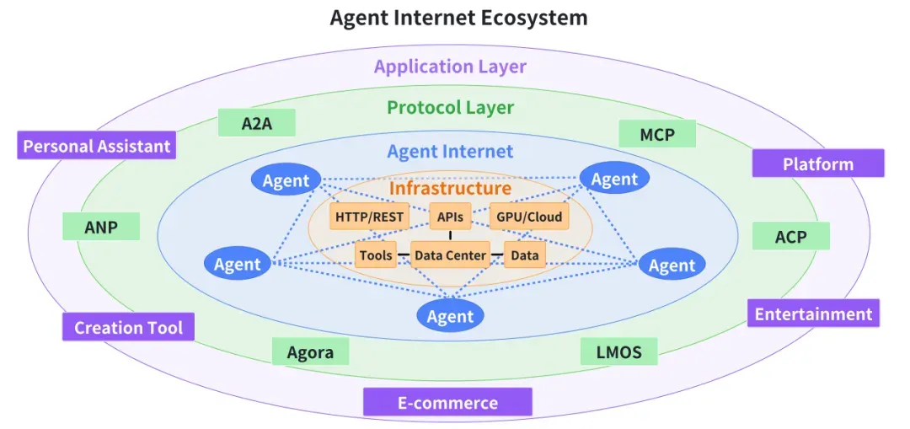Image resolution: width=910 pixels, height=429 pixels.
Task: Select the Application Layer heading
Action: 450,67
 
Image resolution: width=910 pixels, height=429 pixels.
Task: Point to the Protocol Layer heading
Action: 450,108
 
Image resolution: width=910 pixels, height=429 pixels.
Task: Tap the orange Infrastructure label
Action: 450,189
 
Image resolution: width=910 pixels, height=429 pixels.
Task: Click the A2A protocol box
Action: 256,123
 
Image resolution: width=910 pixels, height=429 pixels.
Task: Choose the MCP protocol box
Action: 657,133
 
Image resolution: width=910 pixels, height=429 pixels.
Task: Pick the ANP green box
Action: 101,227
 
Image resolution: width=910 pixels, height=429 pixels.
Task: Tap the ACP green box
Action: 790,237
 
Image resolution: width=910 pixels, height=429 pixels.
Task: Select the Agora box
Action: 310,352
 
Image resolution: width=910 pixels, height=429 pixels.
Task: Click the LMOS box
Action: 619,351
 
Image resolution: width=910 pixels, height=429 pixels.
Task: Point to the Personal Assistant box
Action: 97,146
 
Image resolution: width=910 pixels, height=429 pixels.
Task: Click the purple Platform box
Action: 817,164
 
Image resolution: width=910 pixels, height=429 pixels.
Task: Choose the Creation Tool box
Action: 128,327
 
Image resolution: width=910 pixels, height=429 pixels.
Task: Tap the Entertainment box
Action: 813,314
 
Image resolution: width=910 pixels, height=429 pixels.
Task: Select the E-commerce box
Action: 447,402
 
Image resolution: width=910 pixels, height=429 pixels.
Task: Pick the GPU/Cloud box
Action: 528,217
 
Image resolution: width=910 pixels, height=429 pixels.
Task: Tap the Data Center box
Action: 450,255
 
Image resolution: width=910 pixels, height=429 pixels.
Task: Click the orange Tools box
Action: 376,255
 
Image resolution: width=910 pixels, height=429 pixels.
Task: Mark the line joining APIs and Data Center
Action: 450,235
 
